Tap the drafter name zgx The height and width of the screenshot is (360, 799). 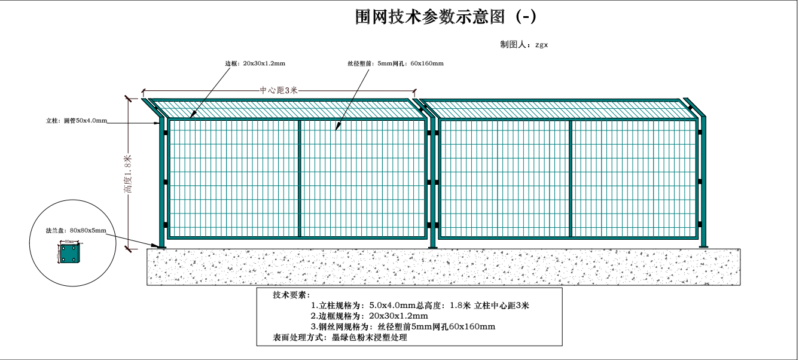[541, 45]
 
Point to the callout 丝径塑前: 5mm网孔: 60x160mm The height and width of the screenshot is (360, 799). [395, 63]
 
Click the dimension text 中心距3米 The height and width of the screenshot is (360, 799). [278, 90]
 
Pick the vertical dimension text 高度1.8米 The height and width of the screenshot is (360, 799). [127, 174]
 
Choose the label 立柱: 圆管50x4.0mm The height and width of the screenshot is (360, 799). [77, 121]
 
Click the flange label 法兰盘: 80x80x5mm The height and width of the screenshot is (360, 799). [76, 230]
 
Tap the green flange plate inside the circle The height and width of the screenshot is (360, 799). [69, 253]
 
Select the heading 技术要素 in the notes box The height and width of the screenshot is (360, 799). [290, 295]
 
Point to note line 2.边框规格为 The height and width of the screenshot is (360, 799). [369, 316]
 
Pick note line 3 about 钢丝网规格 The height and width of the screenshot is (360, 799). [402, 327]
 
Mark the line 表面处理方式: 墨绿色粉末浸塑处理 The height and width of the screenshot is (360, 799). [340, 338]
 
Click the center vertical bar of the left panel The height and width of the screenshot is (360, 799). [298, 178]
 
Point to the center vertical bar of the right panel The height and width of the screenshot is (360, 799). [571, 178]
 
